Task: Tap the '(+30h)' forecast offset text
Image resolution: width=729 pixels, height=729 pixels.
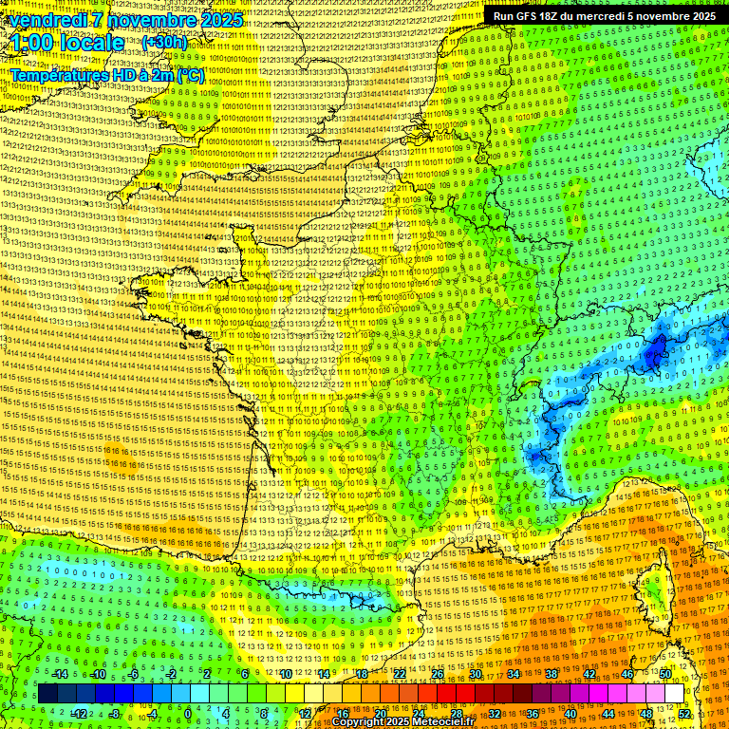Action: [x=164, y=43]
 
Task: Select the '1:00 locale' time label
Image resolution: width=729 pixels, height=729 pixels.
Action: [x=67, y=43]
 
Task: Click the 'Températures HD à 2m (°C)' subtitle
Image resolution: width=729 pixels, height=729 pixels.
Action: [x=106, y=75]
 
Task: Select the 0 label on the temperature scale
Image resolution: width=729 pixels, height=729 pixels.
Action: [x=188, y=714]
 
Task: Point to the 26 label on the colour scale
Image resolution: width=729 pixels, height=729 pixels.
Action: [x=438, y=674]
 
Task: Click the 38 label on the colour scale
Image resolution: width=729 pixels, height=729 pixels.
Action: [x=551, y=674]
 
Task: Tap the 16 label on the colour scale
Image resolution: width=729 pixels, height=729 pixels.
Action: [x=343, y=714]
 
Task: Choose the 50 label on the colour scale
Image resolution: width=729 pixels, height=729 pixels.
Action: [x=665, y=674]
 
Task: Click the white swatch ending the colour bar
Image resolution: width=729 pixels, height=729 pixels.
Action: [x=675, y=694]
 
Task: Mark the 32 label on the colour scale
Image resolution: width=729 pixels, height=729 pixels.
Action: [x=495, y=714]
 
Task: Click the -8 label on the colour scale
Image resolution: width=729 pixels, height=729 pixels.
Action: [x=114, y=714]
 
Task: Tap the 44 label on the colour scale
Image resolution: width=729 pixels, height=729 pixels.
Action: [x=608, y=714]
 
